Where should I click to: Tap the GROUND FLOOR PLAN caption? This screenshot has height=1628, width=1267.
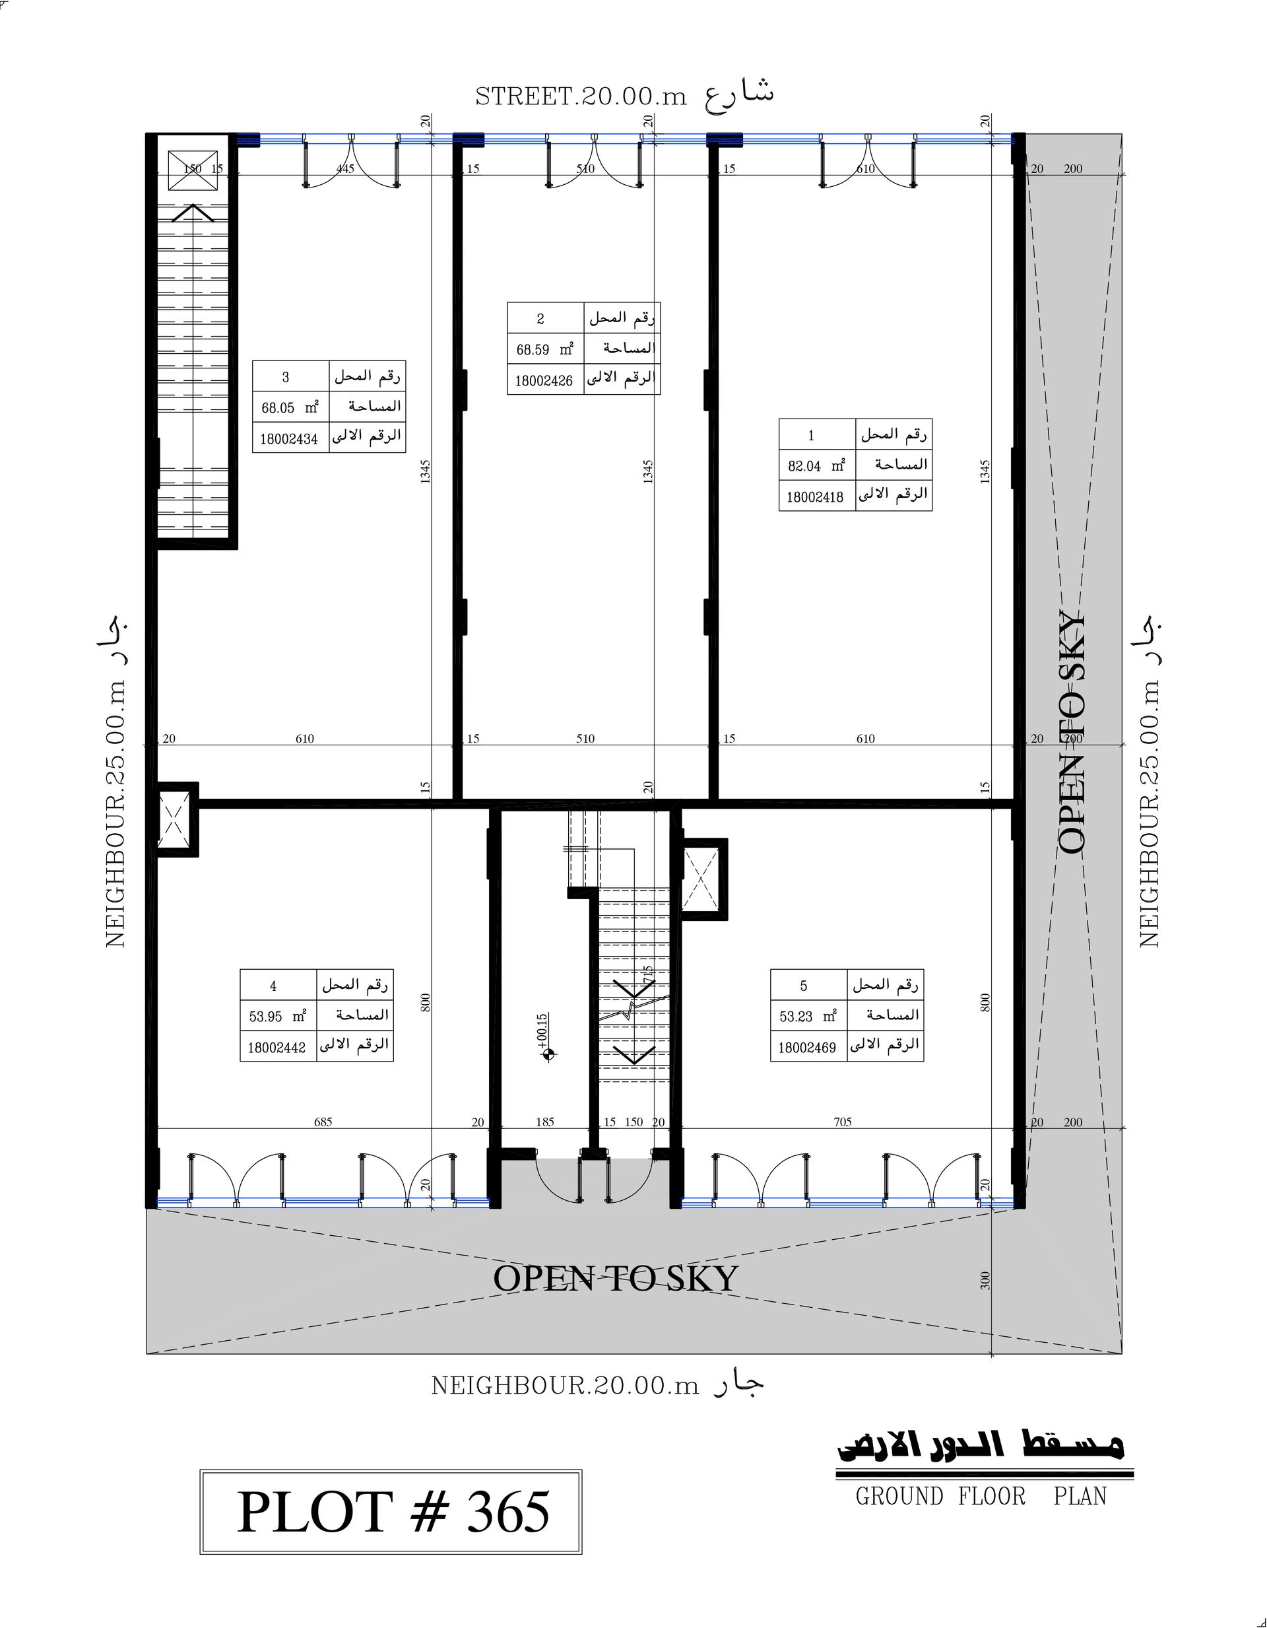[x=981, y=1496]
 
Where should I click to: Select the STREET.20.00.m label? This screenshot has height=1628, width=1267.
[x=581, y=97]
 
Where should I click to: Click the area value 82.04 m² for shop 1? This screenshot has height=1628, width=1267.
[x=817, y=466]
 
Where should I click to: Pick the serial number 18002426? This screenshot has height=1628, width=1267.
[x=544, y=380]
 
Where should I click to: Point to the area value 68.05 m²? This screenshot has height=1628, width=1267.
[x=290, y=408]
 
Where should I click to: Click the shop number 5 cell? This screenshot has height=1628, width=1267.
[x=804, y=986]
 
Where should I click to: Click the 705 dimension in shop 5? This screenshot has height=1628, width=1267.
[x=842, y=1121]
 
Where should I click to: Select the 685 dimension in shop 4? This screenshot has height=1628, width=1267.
[x=323, y=1121]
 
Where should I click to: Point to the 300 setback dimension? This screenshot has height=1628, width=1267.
[x=985, y=1281]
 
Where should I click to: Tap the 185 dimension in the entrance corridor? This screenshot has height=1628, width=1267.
[x=545, y=1122]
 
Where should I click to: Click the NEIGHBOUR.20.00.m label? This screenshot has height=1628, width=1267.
[x=566, y=1386]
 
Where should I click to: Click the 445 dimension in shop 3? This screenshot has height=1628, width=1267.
[x=345, y=168]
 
